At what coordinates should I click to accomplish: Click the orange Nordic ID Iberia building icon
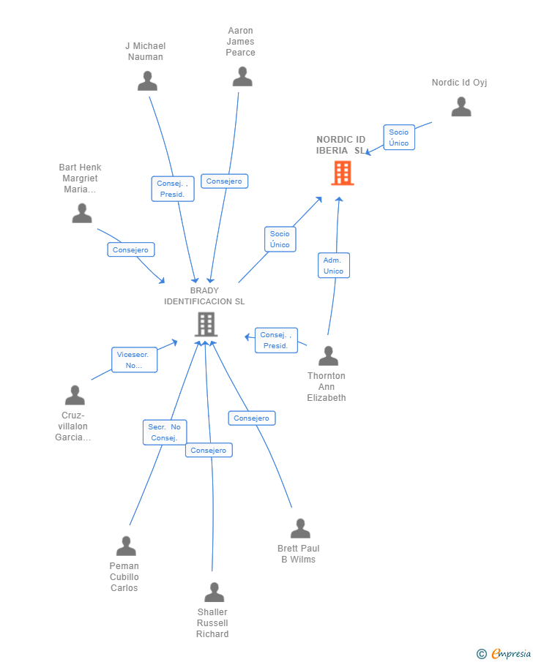point(343,173)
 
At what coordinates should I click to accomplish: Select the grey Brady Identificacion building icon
point(206,324)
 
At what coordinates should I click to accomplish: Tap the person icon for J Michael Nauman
point(147,81)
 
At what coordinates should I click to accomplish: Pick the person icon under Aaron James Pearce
point(242,76)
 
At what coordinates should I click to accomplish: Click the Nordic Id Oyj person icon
point(461,106)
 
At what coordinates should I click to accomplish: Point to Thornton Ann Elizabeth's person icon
point(329,356)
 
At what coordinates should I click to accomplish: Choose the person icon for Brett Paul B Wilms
point(300,528)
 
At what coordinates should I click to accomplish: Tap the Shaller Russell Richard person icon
point(215,592)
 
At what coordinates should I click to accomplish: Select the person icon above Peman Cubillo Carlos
point(127,546)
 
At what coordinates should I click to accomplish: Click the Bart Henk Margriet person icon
point(82,213)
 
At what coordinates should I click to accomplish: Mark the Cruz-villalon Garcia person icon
point(75,395)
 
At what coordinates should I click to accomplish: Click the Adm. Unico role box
point(334,265)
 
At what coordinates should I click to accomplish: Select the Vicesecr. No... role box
point(135,360)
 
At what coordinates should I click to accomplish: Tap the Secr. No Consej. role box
point(165,432)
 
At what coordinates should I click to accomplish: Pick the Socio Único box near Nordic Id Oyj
point(399,138)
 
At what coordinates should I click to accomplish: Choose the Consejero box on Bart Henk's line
point(131,249)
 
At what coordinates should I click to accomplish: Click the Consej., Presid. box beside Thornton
point(277,340)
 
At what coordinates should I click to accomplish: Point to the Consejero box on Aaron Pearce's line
point(225,181)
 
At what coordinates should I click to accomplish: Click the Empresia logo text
point(511,653)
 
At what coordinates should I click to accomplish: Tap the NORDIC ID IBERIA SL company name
point(340,145)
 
